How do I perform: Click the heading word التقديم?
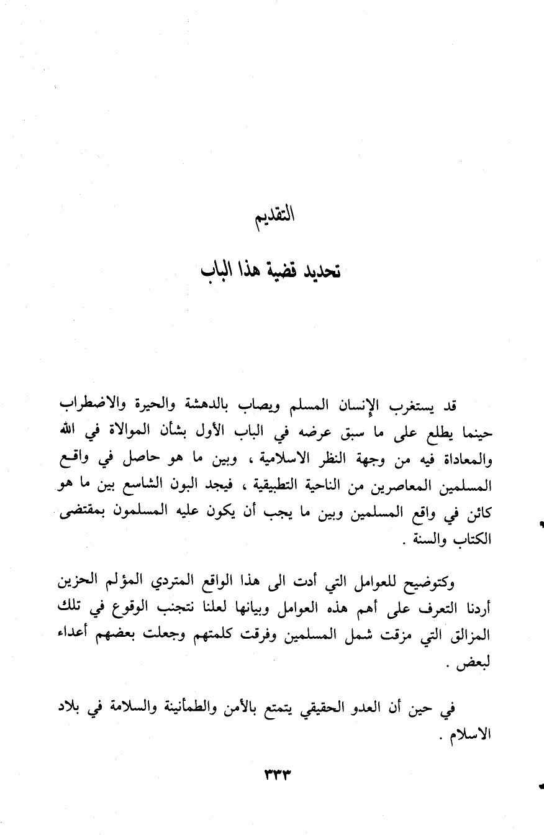[273, 219]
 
